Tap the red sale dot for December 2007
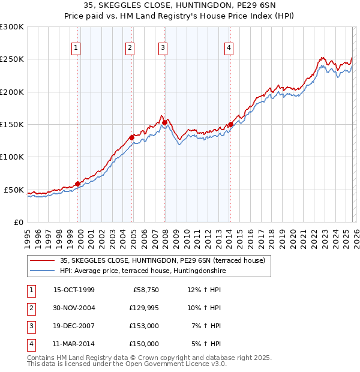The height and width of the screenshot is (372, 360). (164, 123)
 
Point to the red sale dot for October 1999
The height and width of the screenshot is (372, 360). (78, 184)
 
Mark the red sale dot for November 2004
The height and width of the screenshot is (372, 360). (132, 137)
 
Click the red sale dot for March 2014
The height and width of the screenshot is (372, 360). (230, 125)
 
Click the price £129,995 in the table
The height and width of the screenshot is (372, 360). (144, 307)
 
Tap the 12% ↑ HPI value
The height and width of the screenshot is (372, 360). (205, 289)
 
